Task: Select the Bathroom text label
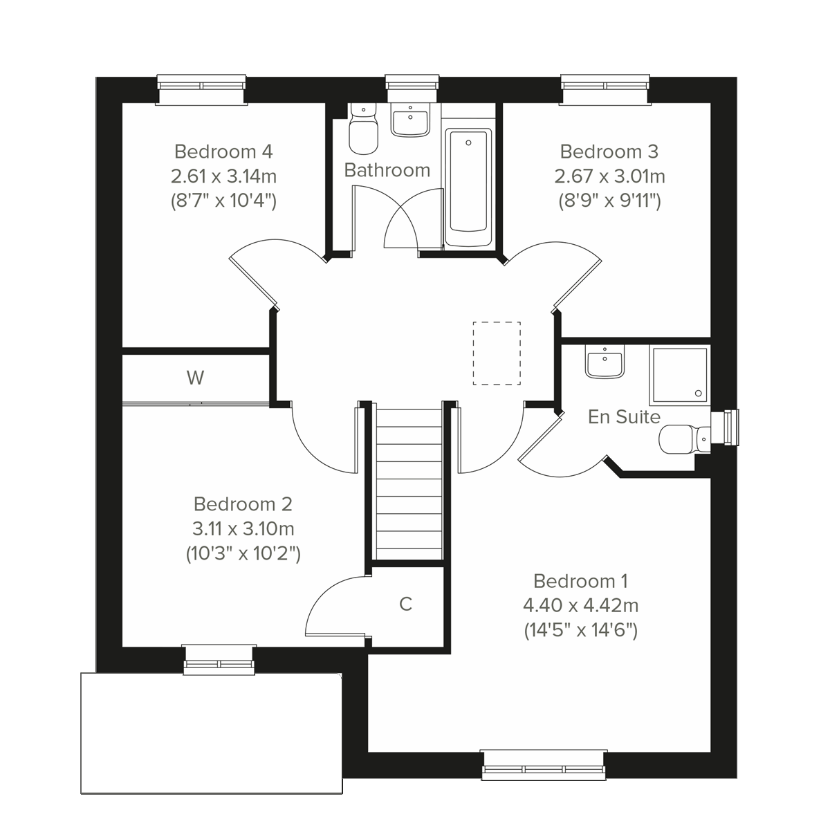click(x=387, y=170)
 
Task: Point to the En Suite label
click(x=624, y=417)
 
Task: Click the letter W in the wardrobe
click(x=196, y=378)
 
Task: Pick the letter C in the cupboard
click(x=406, y=604)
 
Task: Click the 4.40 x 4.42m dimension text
click(x=580, y=606)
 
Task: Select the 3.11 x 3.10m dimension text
click(x=243, y=529)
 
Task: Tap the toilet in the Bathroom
click(x=363, y=131)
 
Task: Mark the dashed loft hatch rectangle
click(x=497, y=353)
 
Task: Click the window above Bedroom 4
click(x=202, y=89)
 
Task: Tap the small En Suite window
click(x=728, y=425)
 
